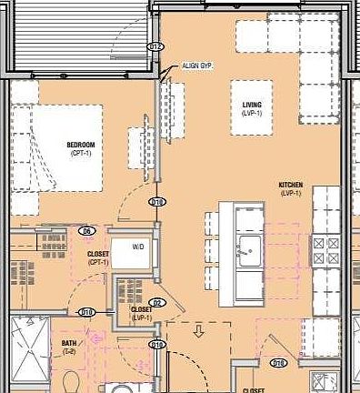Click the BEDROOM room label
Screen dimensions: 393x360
coord(81,145)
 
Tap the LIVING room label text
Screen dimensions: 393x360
coord(252,106)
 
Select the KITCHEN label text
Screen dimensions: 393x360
coord(291,185)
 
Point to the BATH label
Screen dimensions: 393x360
coord(69,343)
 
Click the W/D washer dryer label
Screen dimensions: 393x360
coord(139,246)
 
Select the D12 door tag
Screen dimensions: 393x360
coord(155,47)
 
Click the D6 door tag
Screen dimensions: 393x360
coord(88,231)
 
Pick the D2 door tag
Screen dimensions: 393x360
coord(156,302)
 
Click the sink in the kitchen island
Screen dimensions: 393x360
coord(246,246)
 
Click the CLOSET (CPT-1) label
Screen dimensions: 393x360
coord(98,257)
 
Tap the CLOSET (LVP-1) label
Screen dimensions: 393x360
coord(141,313)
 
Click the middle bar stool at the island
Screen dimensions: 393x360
coord(212,247)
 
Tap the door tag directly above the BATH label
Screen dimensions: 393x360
coord(87,312)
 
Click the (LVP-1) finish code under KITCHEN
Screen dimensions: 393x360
coord(291,193)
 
